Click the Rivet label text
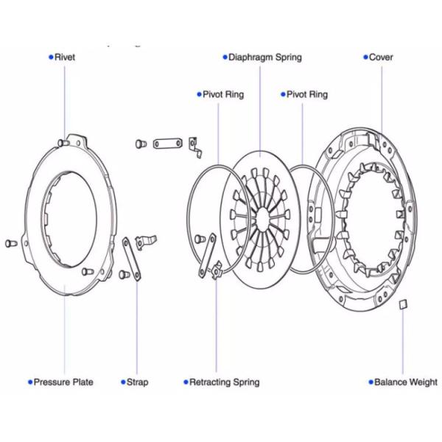[65, 57]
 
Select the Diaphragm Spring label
[264, 57]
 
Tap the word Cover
[381, 57]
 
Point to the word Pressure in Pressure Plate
[52, 382]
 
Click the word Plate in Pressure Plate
[83, 382]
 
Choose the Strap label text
[137, 382]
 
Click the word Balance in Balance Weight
[390, 382]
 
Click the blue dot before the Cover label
[365, 57]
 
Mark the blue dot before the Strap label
[123, 382]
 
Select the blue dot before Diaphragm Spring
[225, 57]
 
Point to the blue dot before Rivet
[51, 57]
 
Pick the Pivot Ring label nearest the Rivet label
[223, 94]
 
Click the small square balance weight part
[403, 304]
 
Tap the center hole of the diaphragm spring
[262, 219]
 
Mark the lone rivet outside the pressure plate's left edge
[10, 242]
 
